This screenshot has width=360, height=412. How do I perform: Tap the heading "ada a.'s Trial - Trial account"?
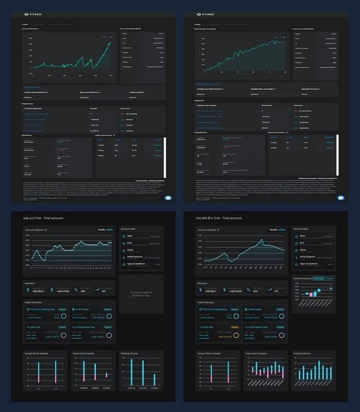point(47,218)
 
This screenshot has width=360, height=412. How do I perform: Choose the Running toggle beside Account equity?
point(318,278)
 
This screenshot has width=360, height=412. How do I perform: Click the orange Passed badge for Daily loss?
point(234,327)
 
